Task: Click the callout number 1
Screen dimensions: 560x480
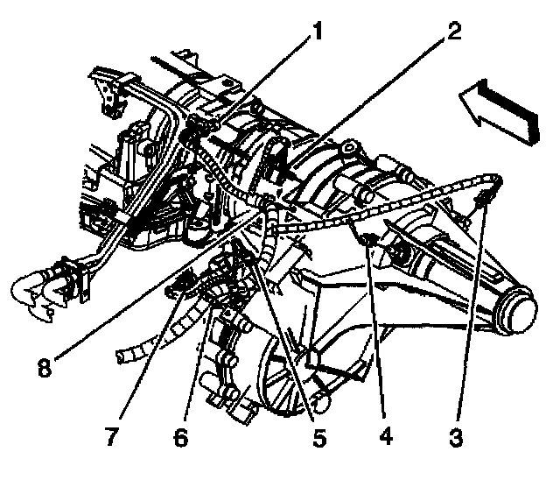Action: coord(318,32)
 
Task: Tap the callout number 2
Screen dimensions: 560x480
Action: coord(451,32)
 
